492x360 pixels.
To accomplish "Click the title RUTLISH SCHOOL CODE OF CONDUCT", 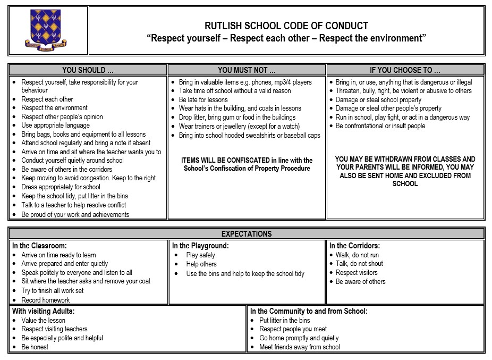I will tap(286, 26).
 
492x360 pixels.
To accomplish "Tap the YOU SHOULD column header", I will tap(88, 70).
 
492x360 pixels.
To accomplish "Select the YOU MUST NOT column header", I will tap(247, 70).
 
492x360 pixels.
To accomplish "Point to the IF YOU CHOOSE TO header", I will tap(405, 70).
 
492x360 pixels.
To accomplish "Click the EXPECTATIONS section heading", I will tap(246, 233).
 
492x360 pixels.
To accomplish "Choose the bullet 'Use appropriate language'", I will tap(55, 125).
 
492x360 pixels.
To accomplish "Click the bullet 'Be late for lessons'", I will tap(203, 99).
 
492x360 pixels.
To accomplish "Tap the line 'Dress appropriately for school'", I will tap(61, 187).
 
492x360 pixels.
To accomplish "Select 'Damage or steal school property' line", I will tap(378, 99).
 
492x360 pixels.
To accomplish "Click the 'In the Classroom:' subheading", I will tap(39, 246).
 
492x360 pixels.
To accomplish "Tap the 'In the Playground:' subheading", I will tap(200, 246).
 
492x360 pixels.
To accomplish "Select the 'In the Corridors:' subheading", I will tap(354, 246).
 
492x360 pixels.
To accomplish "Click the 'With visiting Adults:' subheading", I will tap(44, 311).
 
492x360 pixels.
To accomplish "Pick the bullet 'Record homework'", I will tap(46, 300).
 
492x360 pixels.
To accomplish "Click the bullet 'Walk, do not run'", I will tap(357, 255).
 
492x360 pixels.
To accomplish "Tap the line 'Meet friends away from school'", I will tap(300, 347).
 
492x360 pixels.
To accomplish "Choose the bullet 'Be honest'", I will tap(35, 347).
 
